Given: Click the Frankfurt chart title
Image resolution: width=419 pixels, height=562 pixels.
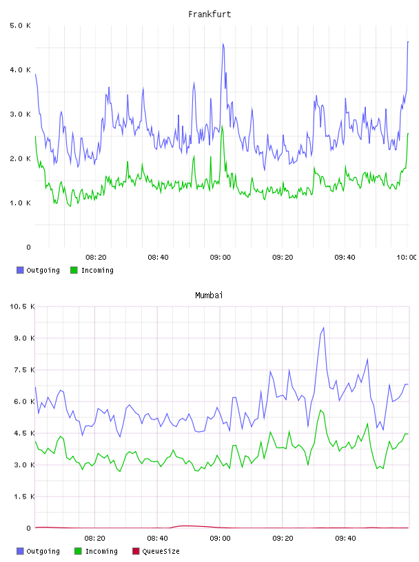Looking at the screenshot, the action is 209,14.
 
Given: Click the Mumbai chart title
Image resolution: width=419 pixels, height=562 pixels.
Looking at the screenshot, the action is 209,295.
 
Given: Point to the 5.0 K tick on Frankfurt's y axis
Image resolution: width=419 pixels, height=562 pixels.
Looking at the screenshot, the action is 21,25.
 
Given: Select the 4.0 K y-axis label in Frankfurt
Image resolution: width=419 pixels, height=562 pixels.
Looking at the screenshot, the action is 21,70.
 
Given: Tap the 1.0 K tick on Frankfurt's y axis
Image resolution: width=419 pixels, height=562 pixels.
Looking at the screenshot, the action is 21,203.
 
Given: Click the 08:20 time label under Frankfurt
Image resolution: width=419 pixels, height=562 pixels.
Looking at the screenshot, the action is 96,257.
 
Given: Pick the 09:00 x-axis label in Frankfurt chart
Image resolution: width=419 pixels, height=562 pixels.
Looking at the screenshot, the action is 221,257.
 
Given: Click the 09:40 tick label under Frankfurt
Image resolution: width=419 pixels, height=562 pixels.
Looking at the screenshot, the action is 345,257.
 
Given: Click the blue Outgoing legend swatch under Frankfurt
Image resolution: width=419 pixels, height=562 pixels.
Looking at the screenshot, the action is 20,270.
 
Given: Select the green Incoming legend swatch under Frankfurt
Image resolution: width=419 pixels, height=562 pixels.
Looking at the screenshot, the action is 74,270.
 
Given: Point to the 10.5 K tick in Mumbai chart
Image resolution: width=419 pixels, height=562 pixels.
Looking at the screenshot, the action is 22,306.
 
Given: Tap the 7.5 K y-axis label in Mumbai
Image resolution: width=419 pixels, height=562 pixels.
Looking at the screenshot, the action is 24,370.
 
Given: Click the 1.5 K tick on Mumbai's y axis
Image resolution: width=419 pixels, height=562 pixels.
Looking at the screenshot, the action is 24,497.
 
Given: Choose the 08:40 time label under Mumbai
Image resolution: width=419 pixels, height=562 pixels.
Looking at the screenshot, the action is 158,538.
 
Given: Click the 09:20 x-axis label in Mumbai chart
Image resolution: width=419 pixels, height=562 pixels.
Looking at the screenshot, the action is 283,538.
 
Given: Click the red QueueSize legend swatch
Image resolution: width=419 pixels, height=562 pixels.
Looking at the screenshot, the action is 136,551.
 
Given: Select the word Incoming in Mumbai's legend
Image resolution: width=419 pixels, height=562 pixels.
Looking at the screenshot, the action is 101,551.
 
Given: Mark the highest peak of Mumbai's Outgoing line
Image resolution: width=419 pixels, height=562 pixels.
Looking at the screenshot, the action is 324,328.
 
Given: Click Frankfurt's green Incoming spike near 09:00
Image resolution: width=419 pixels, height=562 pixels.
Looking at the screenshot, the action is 222,126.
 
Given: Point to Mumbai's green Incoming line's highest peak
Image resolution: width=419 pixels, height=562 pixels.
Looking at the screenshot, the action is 320,410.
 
